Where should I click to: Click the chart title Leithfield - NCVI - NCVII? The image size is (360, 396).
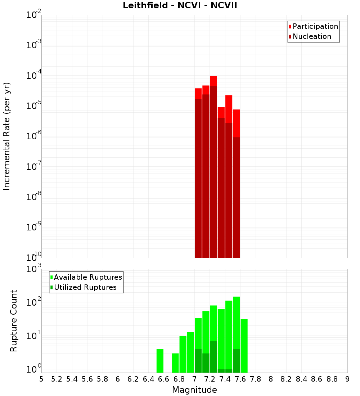[180, 6]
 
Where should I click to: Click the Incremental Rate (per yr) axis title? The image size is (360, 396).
[7, 136]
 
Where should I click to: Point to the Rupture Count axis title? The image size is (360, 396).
[14, 321]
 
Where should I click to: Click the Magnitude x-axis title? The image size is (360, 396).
[194, 390]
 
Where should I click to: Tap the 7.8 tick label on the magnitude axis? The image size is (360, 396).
[256, 379]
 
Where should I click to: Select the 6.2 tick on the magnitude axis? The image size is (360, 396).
[133, 379]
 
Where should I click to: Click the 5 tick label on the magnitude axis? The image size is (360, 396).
[41, 379]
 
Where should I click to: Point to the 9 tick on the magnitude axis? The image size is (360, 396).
[347, 379]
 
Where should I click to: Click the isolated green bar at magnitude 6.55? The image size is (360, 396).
[160, 361]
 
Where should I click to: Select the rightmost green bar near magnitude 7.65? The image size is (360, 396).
[244, 346]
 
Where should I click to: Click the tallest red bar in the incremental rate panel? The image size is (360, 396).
[213, 166]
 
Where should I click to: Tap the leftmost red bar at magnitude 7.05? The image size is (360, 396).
[198, 173]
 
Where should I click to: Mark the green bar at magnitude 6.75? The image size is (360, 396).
[175, 363]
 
